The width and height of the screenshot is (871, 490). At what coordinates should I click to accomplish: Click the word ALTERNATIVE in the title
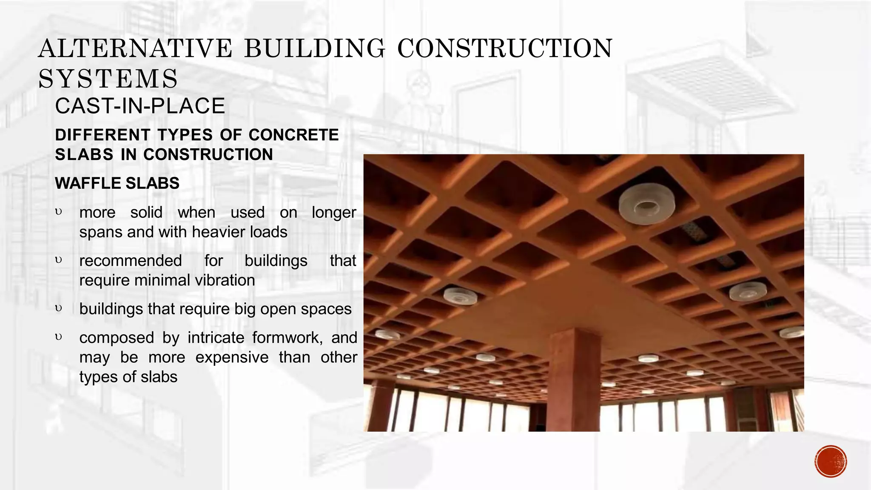(x=135, y=48)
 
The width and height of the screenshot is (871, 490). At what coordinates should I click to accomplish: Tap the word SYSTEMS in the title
(x=108, y=79)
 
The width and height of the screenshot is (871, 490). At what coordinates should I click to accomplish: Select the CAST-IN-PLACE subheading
(x=140, y=106)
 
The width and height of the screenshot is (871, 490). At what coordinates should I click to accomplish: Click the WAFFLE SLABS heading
(x=117, y=183)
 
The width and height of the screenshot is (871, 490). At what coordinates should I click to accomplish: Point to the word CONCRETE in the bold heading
(x=293, y=135)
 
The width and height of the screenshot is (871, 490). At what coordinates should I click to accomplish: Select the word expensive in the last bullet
(x=232, y=357)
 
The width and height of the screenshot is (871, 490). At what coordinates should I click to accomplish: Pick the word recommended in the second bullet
(x=131, y=261)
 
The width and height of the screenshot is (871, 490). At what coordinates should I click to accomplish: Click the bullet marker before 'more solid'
(x=59, y=211)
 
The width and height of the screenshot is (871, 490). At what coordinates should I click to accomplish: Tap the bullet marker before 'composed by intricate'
(x=59, y=337)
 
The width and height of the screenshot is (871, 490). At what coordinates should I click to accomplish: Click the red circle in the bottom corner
(x=831, y=462)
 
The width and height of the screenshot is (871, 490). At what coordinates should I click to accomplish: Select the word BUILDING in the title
(x=315, y=48)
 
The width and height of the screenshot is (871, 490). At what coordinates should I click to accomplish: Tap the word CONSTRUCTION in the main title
(x=505, y=48)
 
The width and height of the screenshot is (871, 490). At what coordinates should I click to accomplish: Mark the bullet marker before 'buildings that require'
(x=59, y=308)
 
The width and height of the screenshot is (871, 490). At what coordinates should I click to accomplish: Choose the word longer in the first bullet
(x=334, y=213)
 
